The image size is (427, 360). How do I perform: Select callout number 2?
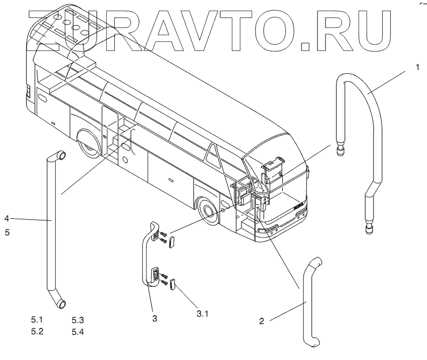click(261, 321)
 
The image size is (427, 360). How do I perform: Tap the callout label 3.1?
click(201, 313)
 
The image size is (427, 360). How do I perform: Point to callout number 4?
click(7, 218)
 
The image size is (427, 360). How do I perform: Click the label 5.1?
click(37, 320)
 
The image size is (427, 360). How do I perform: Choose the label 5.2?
click(37, 331)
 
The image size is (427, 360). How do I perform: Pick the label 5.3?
click(78, 320)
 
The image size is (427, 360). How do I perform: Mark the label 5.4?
click(78, 332)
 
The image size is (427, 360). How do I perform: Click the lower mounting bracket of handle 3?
click(155, 275)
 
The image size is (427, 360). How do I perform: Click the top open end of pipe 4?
click(61, 156)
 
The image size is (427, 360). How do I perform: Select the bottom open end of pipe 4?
click(61, 304)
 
